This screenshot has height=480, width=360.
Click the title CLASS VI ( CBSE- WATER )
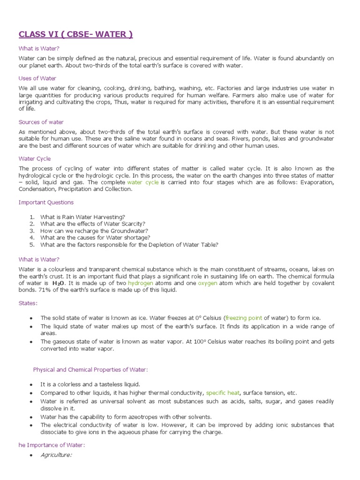[75, 34]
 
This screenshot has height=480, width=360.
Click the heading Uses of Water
[37, 78]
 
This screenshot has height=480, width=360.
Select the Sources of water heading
[41, 122]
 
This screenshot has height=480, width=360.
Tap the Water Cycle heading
[35, 158]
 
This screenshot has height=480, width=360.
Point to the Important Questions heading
[46, 202]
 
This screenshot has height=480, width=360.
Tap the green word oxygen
[208, 283]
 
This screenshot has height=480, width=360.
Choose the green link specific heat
[222, 393]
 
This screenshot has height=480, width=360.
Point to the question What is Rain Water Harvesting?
[82, 217]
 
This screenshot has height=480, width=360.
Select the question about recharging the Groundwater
[94, 231]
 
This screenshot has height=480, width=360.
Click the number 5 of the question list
[32, 244]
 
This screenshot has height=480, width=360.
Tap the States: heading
[28, 303]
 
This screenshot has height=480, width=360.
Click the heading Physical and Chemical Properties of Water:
[90, 369]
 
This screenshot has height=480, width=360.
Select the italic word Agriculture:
[56, 455]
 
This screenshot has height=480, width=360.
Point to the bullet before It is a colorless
[31, 384]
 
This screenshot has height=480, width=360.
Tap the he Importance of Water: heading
[52, 445]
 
